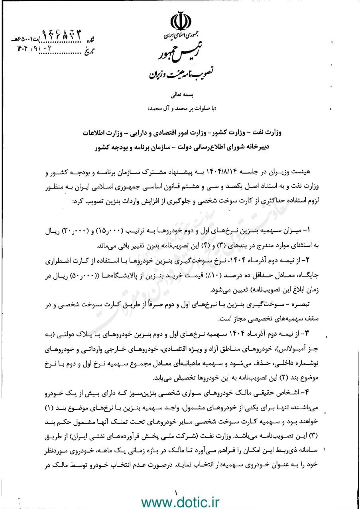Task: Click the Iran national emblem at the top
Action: [180, 23]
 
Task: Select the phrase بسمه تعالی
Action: [180, 96]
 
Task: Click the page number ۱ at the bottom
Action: [175, 493]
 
